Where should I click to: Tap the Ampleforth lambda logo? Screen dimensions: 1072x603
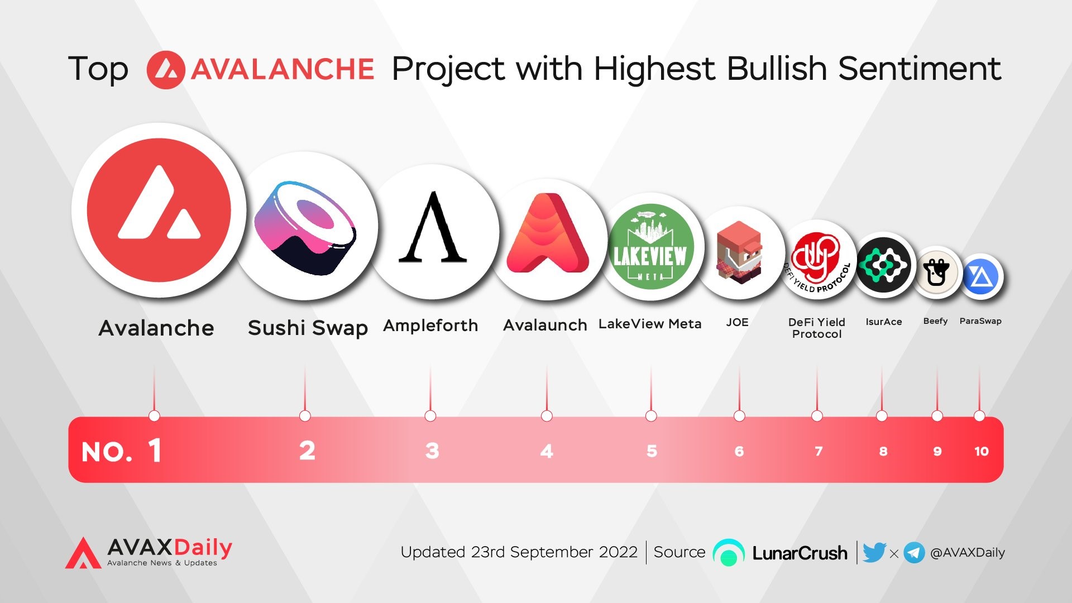pos(433,227)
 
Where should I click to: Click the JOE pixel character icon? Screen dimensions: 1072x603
pos(739,252)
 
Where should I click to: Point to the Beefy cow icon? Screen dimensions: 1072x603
pos(936,272)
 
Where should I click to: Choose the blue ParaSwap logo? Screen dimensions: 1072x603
pos(981,276)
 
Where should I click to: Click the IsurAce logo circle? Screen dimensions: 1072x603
pos(884,265)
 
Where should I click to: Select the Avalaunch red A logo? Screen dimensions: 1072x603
pos(548,233)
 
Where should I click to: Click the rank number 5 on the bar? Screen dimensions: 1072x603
pos(652,451)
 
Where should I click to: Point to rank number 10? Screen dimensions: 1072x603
pos(982,451)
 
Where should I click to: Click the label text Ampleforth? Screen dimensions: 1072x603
pos(430,326)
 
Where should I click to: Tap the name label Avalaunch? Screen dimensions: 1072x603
pos(545,325)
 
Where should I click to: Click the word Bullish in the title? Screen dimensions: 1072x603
pos(777,69)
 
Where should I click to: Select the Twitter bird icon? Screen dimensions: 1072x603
pos(874,552)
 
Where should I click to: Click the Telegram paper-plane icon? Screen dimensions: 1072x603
pos(914,553)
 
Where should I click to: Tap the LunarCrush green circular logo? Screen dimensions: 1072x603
pos(729,553)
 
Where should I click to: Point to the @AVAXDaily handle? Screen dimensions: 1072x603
pos(968,553)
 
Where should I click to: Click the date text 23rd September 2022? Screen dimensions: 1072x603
pos(554,552)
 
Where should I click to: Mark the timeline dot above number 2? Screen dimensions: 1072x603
pos(305,416)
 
